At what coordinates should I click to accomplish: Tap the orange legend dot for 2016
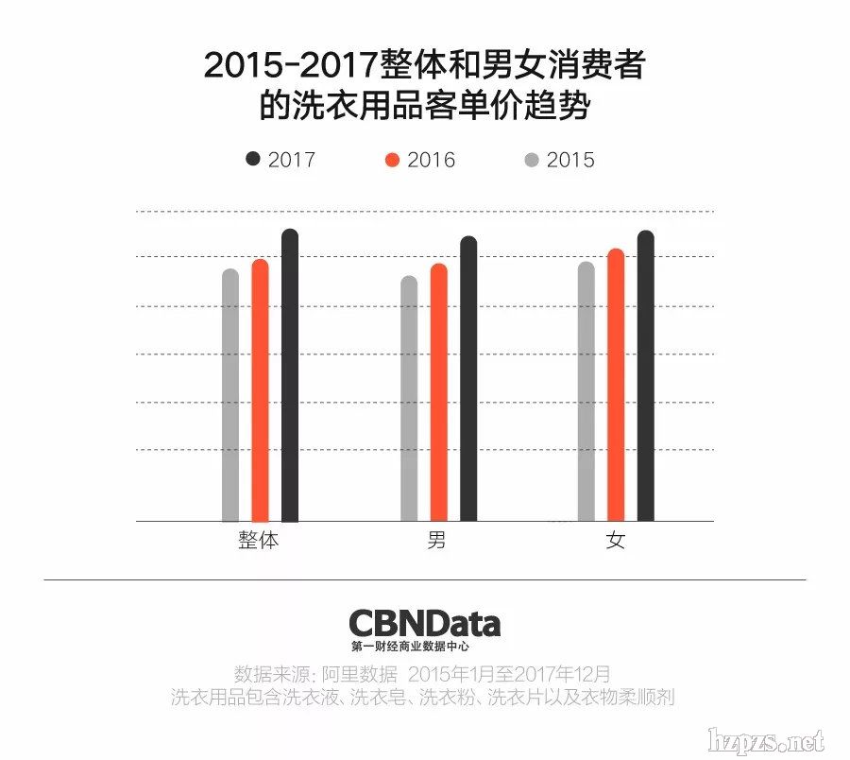[393, 160]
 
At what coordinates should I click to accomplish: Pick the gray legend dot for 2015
[532, 160]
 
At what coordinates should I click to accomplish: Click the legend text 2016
[432, 160]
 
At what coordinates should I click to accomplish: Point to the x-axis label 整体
[259, 543]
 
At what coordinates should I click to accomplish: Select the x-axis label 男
[437, 543]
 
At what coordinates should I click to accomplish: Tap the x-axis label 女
[616, 543]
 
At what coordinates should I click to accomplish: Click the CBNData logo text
[424, 623]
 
